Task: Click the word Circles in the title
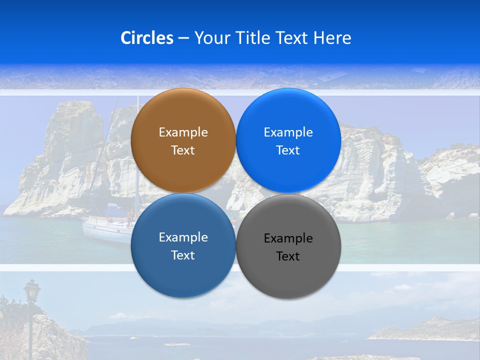point(147,38)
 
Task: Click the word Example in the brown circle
point(183,132)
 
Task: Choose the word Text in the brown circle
point(183,150)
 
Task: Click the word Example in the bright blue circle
point(288,132)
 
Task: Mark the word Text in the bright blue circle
point(288,150)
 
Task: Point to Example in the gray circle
point(288,238)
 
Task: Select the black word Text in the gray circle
point(288,256)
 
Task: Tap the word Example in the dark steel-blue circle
point(183,237)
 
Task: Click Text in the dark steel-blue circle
point(183,255)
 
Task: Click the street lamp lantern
point(32,291)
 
